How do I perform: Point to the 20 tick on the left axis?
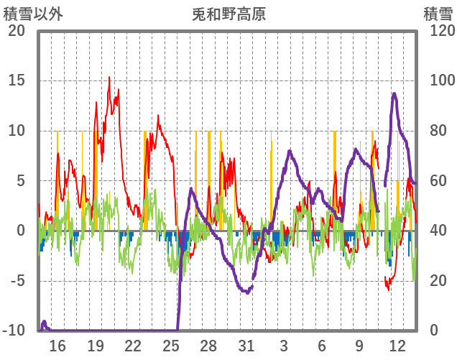17,31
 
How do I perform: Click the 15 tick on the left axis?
17,80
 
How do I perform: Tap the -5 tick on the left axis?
17,281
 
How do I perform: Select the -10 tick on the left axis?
14,331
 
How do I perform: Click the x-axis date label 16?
57,346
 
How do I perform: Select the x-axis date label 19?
96,346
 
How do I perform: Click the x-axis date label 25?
171,346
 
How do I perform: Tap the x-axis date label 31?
246,346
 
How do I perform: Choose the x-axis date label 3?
284,346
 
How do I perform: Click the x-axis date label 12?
397,346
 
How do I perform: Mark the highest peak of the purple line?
394,93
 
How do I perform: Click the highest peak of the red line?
109,78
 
